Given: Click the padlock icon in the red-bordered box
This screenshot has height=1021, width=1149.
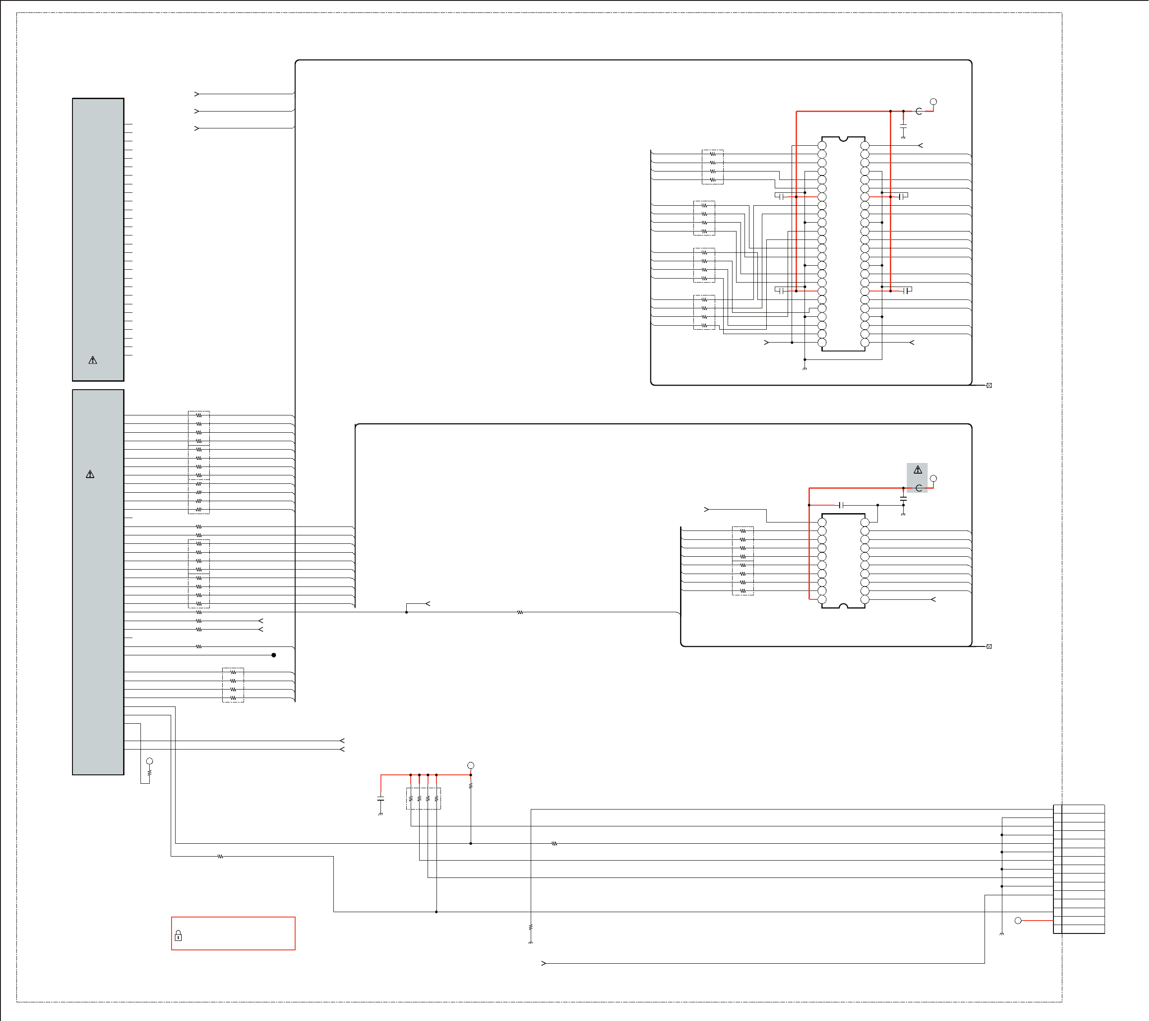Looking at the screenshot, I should click(178, 936).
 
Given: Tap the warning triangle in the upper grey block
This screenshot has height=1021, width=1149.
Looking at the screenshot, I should click(93, 360).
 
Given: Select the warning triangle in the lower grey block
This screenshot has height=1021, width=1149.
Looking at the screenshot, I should click(90, 474).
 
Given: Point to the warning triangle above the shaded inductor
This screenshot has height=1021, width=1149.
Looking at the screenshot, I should click(917, 470).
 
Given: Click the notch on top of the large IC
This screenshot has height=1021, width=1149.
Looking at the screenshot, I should click(843, 138).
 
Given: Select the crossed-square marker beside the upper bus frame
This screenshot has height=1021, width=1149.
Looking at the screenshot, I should click(989, 386).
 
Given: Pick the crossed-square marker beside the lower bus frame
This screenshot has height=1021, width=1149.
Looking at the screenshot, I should click(989, 646).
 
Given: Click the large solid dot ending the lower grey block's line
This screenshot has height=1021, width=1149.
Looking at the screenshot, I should click(274, 655).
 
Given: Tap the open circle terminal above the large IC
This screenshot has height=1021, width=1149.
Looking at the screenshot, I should click(933, 102).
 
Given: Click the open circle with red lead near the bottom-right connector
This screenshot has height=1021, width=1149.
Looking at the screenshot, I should click(1017, 921).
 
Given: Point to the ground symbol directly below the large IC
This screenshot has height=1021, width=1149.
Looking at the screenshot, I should click(805, 368).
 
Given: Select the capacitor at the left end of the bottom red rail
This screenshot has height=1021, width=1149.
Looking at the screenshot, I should click(380, 798).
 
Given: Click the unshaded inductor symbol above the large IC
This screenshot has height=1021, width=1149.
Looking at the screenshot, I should click(918, 111).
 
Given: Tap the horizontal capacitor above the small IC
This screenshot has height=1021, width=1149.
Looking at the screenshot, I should click(841, 505).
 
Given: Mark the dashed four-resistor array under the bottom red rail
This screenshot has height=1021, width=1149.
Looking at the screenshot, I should click(423, 798).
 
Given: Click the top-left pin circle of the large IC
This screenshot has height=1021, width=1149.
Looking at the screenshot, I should click(822, 146).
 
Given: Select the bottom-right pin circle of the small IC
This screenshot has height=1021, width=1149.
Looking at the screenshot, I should click(865, 599).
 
